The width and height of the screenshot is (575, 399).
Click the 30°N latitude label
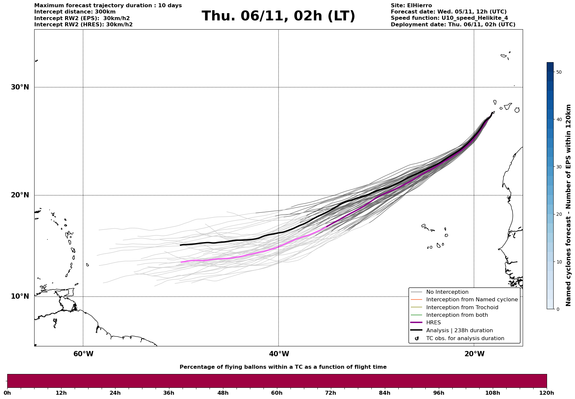coord(20,87)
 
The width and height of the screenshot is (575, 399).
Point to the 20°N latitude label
coord(20,195)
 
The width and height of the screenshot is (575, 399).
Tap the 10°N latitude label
coord(20,296)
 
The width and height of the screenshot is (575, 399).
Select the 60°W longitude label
coord(83,354)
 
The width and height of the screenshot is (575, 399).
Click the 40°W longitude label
coord(279,354)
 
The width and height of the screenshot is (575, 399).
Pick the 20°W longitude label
coord(474,354)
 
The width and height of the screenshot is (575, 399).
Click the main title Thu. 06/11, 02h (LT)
coord(278,16)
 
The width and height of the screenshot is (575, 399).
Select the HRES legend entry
coord(433,323)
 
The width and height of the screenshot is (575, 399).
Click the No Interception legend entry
coord(447,292)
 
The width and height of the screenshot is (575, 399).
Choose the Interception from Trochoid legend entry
coord(462,308)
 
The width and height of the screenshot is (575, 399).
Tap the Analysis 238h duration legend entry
coord(459,331)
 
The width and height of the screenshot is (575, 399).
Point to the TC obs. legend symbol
coord(417,338)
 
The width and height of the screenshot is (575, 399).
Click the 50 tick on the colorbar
coord(559,72)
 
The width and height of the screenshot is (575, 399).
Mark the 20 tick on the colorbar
coord(559,214)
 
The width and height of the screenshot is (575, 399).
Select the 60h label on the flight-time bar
coord(277,393)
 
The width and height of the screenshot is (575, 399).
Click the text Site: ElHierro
coord(411,6)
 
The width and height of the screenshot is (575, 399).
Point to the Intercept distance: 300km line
coord(75,12)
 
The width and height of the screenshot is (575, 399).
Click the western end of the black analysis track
coord(181,245)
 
